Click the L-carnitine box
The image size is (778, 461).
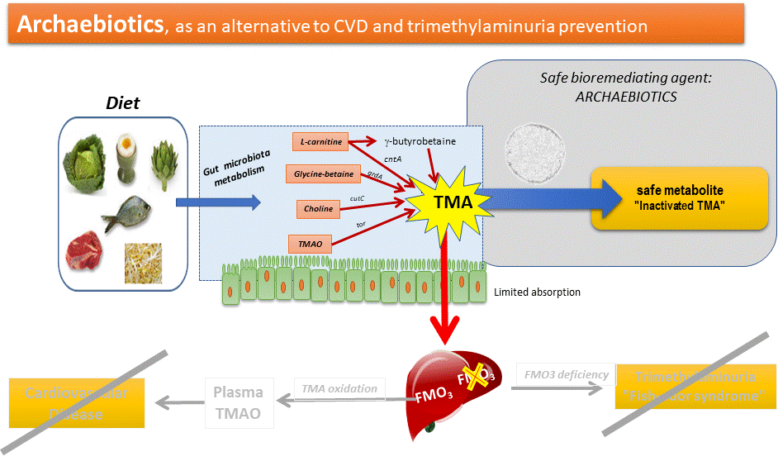pyautogui.click(x=320, y=141)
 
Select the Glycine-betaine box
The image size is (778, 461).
pyautogui.click(x=324, y=174)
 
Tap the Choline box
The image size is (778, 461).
pyautogui.click(x=318, y=208)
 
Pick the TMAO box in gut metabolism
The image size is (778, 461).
pyautogui.click(x=310, y=243)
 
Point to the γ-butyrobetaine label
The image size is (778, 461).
pyautogui.click(x=420, y=141)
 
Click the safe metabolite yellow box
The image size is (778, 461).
pyautogui.click(x=680, y=197)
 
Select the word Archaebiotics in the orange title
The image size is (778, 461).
pyautogui.click(x=90, y=25)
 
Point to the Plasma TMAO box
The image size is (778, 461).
pyautogui.click(x=239, y=402)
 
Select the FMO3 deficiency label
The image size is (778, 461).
pyautogui.click(x=566, y=374)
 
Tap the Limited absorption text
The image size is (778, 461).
pyautogui.click(x=537, y=292)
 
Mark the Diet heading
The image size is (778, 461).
pyautogui.click(x=122, y=103)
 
